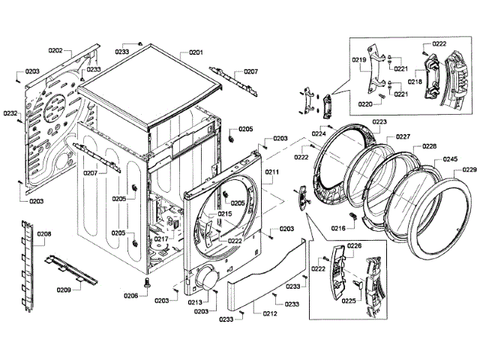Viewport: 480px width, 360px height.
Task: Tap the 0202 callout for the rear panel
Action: [55, 51]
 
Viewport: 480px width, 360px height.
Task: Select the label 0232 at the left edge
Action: [10, 113]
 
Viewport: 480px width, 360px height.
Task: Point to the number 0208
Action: [44, 235]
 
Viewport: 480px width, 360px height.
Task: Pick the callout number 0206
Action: [131, 296]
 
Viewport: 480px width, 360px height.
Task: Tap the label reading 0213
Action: [196, 303]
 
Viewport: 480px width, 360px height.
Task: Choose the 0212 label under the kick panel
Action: [270, 313]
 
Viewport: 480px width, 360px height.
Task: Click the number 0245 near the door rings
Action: [450, 159]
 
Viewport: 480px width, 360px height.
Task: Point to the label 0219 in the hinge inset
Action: [358, 59]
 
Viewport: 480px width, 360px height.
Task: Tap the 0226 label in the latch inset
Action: [355, 246]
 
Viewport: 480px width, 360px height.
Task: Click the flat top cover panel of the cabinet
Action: [150, 87]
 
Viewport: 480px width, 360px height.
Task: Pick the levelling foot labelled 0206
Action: [148, 283]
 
